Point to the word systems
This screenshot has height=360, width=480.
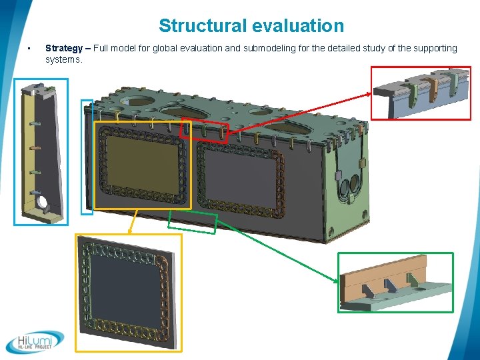pyautogui.click(x=63, y=59)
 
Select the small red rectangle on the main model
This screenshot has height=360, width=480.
pyautogui.click(x=204, y=131)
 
